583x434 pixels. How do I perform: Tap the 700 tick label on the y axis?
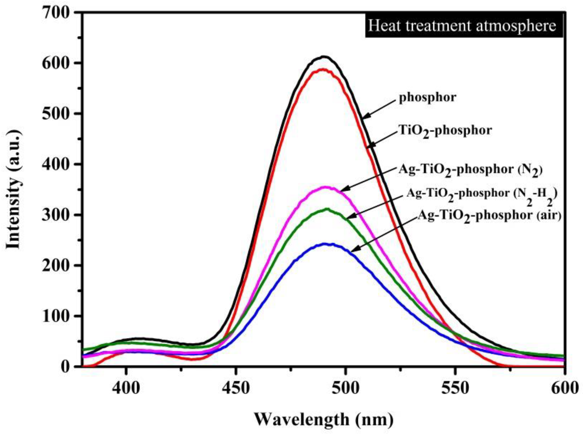tap(56, 13)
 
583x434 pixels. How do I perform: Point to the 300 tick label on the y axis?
tap(56, 215)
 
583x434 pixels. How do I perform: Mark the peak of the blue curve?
tap(325, 244)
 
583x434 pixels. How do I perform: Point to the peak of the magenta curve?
tap(325, 187)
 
